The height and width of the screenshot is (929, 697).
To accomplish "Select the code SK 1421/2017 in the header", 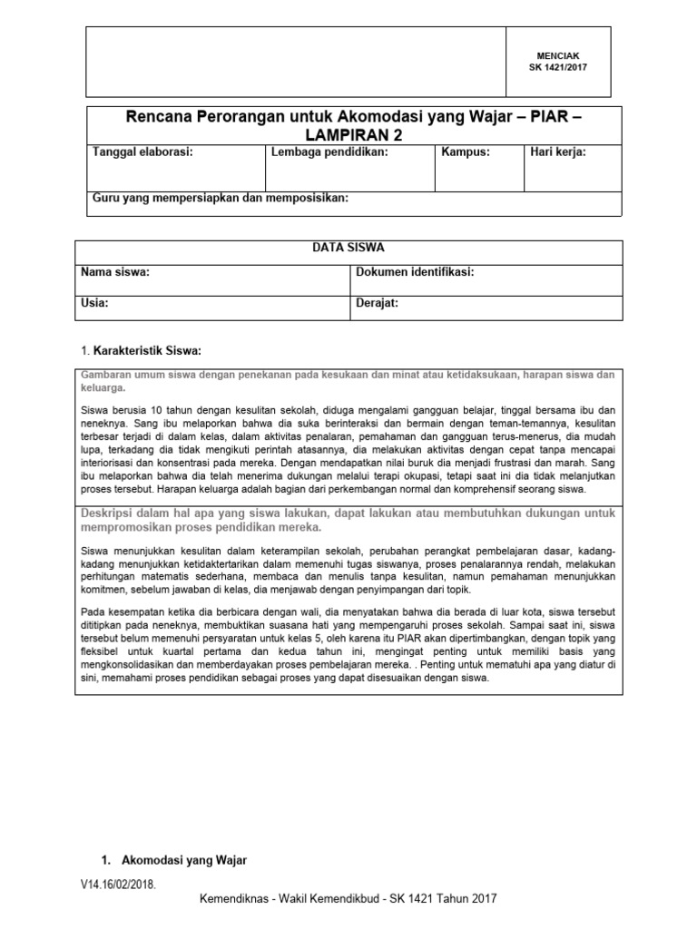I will (559, 67).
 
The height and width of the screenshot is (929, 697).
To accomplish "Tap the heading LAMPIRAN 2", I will (354, 134).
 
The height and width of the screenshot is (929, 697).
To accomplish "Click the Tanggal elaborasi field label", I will (143, 152).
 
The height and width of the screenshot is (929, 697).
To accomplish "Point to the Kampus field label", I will (466, 152).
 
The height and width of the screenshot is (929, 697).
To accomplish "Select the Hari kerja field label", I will (557, 152).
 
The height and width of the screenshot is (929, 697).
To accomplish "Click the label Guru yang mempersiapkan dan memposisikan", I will (221, 199).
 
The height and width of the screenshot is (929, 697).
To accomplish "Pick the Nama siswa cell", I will (115, 272).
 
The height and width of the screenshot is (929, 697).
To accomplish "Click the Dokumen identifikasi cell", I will (415, 272).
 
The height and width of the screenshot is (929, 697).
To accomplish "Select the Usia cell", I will (95, 304).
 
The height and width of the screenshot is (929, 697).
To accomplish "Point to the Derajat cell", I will (377, 304).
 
